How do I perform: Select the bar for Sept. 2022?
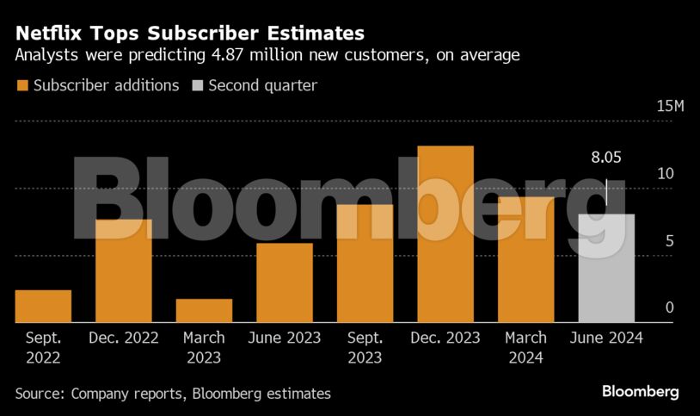pos(43,307)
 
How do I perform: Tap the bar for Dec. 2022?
pos(123,270)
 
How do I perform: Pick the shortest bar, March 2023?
pos(204,311)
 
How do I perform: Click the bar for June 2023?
pos(285,283)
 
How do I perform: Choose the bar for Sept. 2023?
pos(365,264)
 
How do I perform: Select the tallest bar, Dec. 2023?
pos(445,234)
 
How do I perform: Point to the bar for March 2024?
pos(525,259)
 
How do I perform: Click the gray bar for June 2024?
pos(606,268)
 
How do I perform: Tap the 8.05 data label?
pos(606,158)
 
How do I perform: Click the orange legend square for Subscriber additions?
pos(21,85)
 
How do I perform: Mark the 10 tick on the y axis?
pos(665,173)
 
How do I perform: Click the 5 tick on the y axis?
pos(669,241)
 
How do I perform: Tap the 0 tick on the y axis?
pos(669,307)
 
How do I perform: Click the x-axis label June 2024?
pos(606,338)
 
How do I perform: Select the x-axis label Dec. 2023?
pos(445,338)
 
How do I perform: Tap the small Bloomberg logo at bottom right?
pos(640,392)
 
